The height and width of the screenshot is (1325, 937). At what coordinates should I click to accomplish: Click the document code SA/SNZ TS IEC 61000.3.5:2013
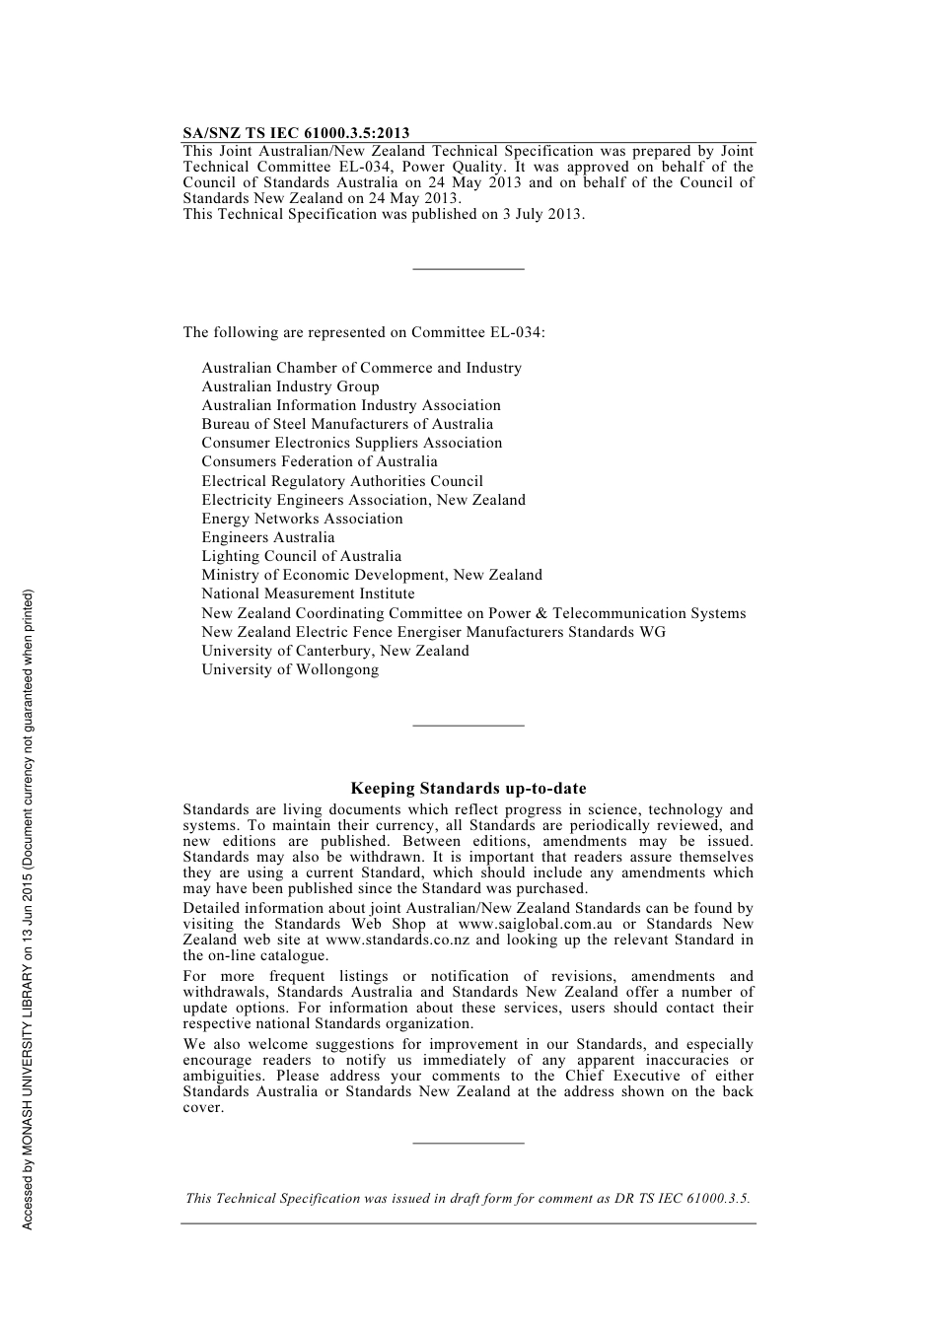(x=296, y=133)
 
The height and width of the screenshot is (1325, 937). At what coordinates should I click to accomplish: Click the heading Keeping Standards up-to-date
(x=468, y=789)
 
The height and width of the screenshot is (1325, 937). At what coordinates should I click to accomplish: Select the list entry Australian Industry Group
(x=290, y=386)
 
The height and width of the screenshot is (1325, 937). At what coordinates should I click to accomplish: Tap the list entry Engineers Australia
(x=268, y=537)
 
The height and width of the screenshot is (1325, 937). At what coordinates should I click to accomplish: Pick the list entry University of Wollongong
(x=290, y=669)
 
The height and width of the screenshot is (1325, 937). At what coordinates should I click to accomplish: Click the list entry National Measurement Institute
(x=308, y=593)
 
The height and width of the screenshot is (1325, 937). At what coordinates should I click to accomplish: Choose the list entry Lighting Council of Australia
(x=301, y=556)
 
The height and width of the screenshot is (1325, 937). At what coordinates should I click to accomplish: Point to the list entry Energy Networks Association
(x=302, y=519)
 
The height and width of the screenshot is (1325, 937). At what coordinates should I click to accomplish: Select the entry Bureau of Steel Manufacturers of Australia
(x=347, y=424)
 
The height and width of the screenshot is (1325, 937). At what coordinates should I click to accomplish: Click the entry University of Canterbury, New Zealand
(x=335, y=651)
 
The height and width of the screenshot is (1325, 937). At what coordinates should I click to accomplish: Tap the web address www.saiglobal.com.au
(x=535, y=924)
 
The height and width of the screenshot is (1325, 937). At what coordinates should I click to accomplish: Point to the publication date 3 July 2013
(x=541, y=213)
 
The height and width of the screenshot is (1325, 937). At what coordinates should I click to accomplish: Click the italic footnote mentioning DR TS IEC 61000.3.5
(x=468, y=1199)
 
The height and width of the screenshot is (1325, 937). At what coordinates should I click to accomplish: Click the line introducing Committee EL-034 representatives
(x=364, y=332)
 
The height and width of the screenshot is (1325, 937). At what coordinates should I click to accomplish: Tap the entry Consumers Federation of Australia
(x=320, y=461)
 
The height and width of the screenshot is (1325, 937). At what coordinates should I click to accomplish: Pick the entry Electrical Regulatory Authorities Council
(x=342, y=481)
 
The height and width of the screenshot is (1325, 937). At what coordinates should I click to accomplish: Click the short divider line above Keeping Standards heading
(x=468, y=726)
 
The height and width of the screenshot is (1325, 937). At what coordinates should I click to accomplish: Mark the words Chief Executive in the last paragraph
(x=622, y=1076)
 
